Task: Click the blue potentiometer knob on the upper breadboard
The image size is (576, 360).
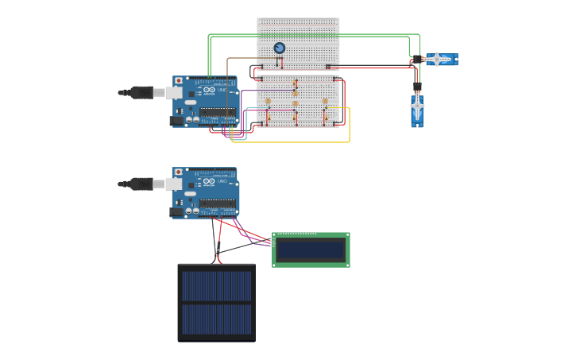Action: (x=279, y=48)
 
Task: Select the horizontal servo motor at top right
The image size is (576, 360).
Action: (x=439, y=60)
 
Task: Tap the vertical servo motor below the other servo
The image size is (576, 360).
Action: (x=417, y=110)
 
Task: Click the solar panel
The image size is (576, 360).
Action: (x=216, y=303)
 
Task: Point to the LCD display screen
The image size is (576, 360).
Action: (x=311, y=250)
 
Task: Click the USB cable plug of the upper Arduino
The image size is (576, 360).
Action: (x=141, y=92)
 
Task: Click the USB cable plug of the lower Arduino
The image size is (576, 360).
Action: (x=141, y=184)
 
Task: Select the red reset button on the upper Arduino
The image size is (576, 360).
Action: (x=179, y=81)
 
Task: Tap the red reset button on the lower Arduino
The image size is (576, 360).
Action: (x=179, y=172)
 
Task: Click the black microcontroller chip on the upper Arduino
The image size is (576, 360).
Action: (x=217, y=112)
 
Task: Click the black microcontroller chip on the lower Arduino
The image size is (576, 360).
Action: (x=217, y=203)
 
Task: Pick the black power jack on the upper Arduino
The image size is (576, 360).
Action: (x=177, y=121)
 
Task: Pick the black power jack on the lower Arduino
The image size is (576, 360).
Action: (x=177, y=212)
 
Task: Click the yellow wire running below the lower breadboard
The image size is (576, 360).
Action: (x=302, y=142)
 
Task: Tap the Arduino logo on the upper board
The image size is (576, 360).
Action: (x=208, y=91)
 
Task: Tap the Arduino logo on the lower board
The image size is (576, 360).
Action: (x=208, y=182)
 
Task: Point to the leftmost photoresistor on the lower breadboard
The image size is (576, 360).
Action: (x=268, y=101)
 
